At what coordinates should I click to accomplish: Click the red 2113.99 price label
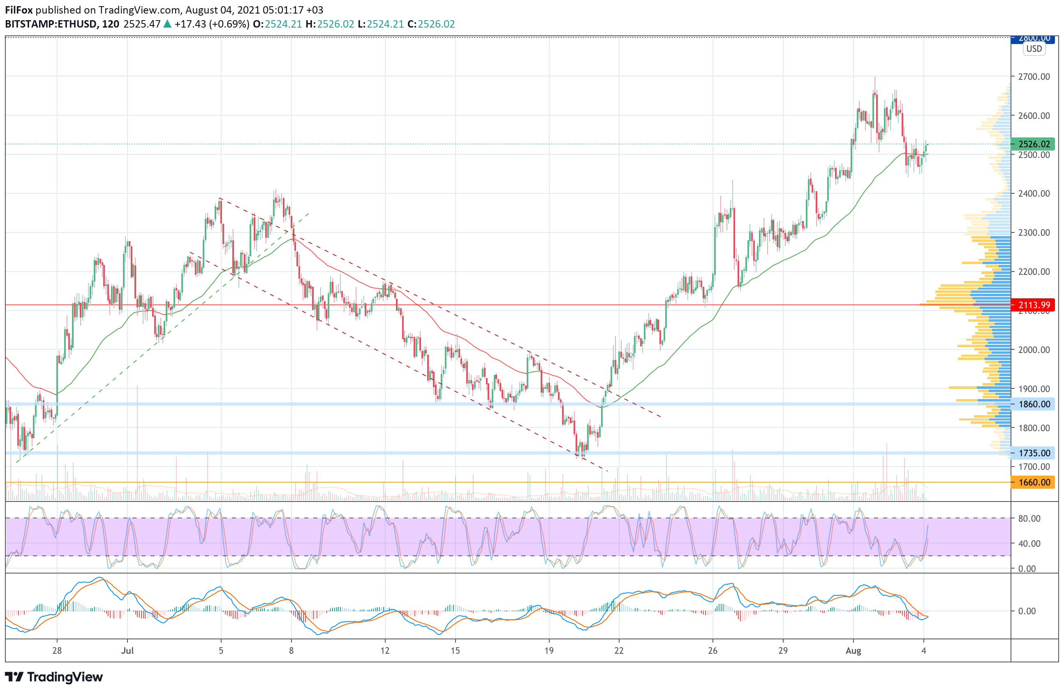point(1033,305)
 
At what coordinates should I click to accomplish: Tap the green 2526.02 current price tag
point(1033,144)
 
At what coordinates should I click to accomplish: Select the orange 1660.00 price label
point(1033,482)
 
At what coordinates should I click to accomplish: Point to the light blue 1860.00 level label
point(1033,404)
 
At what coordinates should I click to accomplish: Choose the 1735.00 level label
point(1033,453)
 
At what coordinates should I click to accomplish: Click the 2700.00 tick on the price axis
point(1034,77)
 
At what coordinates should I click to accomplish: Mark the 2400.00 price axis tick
point(1034,194)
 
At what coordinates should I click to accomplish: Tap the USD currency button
point(1034,49)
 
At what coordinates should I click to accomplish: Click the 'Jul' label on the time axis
point(127,650)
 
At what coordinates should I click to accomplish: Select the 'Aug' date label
point(853,650)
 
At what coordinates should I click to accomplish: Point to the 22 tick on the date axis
point(619,650)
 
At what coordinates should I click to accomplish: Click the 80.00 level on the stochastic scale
point(1029,518)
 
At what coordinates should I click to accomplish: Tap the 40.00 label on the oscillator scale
point(1029,543)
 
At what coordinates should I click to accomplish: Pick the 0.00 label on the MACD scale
point(1027,611)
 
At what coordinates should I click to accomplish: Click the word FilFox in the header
point(19,10)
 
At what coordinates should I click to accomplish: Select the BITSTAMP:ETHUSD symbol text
point(51,24)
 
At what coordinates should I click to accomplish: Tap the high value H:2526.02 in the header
point(330,24)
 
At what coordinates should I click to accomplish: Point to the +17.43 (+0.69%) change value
point(212,24)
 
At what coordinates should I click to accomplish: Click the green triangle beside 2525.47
point(167,24)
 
